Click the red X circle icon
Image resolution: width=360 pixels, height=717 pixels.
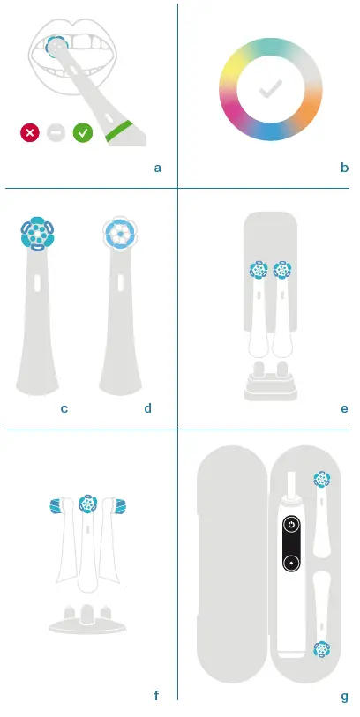[30, 133]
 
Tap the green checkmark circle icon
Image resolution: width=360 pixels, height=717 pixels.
[82, 133]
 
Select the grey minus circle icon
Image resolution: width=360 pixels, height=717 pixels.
[56, 133]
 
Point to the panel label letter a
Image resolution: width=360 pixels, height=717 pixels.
[157, 167]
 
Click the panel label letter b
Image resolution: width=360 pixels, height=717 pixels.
[344, 167]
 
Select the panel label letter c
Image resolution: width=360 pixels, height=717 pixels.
[64, 408]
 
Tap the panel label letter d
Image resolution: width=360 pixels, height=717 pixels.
[147, 408]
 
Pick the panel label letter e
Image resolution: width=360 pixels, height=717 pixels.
[344, 408]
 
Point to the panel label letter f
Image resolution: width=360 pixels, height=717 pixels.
[156, 696]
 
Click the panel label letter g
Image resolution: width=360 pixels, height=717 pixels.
[344, 696]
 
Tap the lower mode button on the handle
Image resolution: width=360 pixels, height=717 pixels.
[290, 563]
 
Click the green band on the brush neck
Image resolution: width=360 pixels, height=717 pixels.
[120, 131]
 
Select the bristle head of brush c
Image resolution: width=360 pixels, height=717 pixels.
[35, 235]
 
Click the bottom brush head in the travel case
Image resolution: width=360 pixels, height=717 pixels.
[321, 649]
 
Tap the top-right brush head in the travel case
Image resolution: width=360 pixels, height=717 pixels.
[321, 480]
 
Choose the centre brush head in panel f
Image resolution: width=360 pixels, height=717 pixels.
[86, 504]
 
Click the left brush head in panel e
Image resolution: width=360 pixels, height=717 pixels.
[258, 269]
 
